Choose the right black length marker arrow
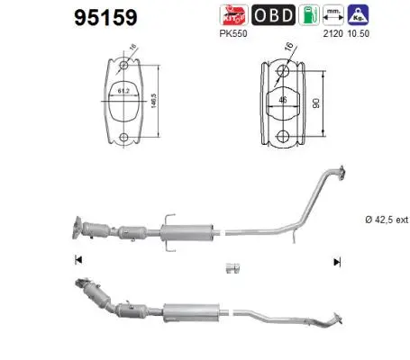337,262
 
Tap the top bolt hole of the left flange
123,65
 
